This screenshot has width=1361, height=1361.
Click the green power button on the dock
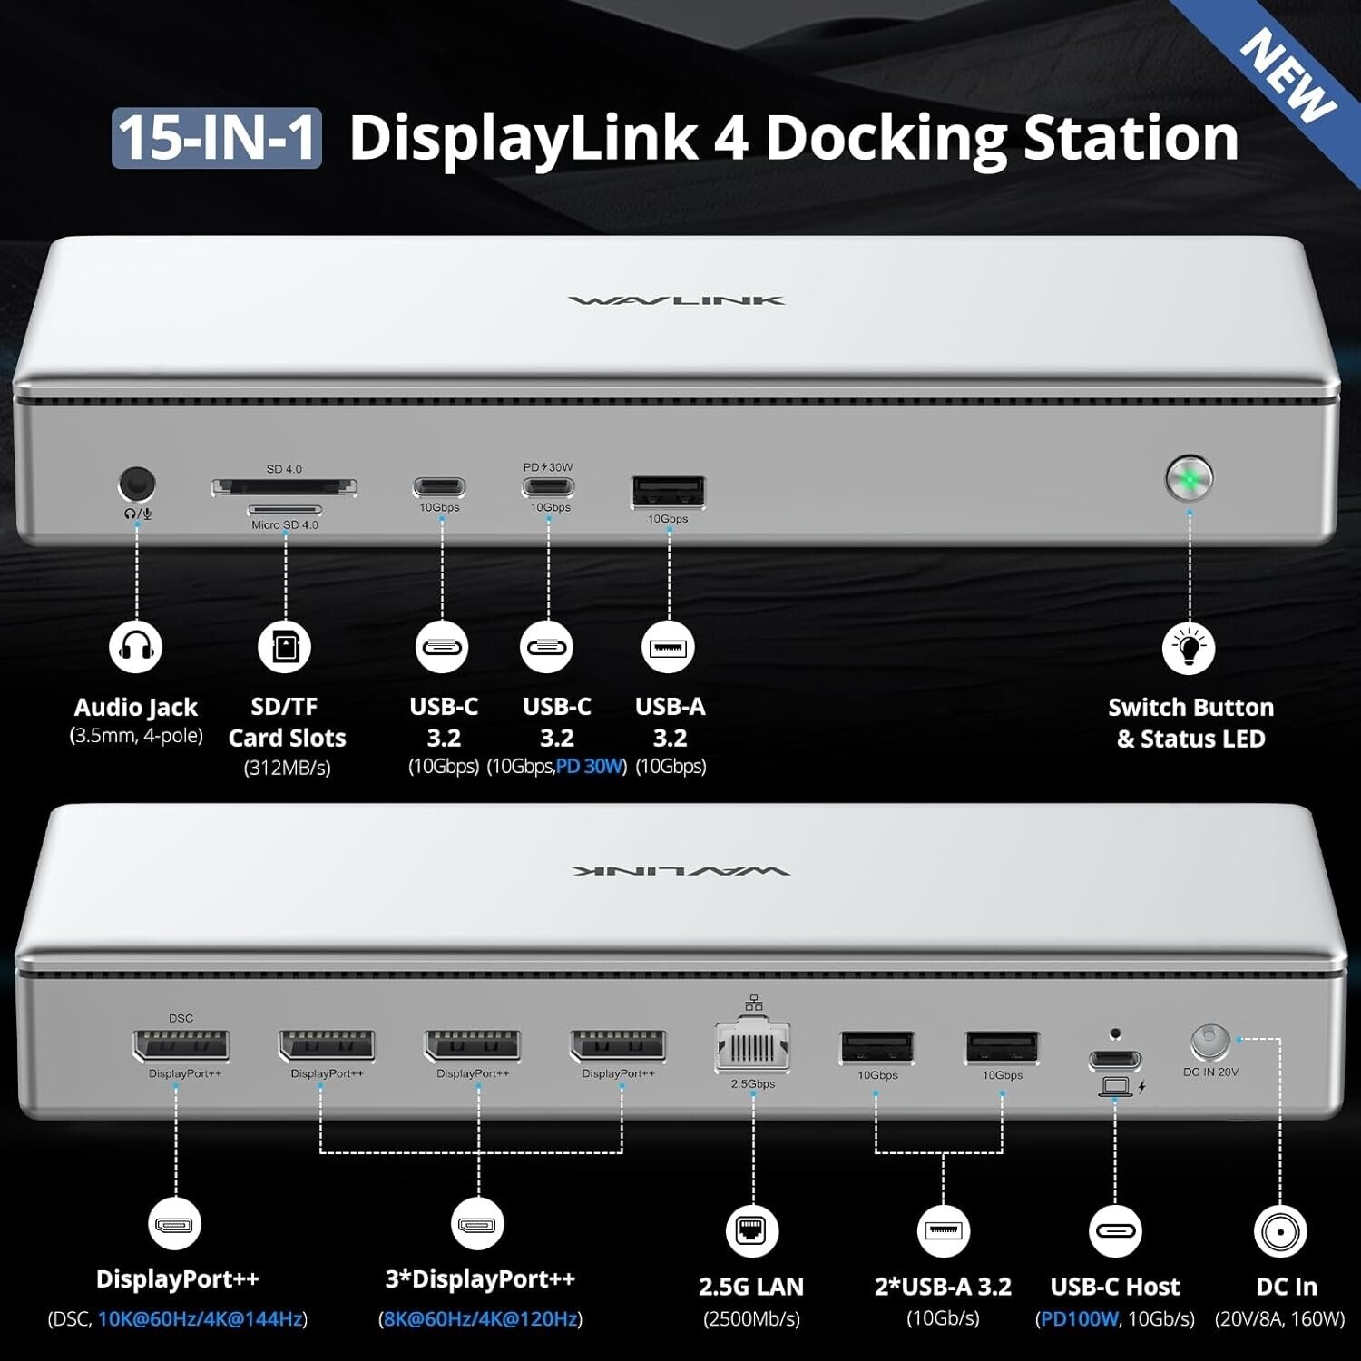click(x=1189, y=478)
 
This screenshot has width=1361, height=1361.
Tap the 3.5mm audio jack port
click(x=136, y=485)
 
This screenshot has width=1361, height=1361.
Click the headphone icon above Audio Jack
click(x=136, y=647)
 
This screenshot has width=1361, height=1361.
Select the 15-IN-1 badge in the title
click(x=217, y=138)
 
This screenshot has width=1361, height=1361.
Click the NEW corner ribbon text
click(x=1288, y=75)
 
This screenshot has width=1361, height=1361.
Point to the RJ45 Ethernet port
click(x=753, y=1048)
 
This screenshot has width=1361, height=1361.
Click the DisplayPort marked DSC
click(x=181, y=1046)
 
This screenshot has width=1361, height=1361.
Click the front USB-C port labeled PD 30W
click(x=548, y=487)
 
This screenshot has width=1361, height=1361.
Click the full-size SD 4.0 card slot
click(x=284, y=487)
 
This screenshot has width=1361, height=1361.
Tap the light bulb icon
click(x=1189, y=648)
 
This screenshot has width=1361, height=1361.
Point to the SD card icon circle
click(x=285, y=647)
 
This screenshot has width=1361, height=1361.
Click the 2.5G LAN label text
click(x=751, y=1287)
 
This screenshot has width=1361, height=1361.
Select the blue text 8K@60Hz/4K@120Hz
click(x=481, y=1318)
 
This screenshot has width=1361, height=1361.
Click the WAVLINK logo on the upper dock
click(x=677, y=300)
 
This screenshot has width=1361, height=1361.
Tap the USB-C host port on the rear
click(x=1115, y=1060)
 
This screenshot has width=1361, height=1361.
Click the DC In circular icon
click(x=1280, y=1231)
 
